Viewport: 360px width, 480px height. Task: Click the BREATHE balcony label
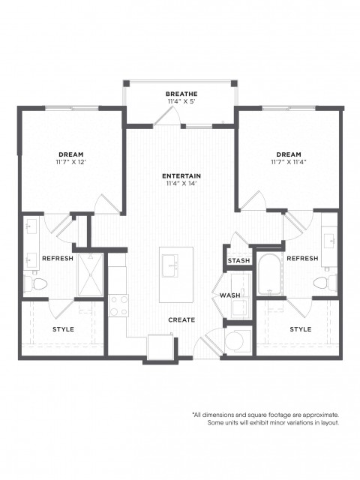pos(181,94)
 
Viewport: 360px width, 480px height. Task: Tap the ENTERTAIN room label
pos(181,176)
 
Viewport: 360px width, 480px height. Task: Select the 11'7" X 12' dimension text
pos(71,162)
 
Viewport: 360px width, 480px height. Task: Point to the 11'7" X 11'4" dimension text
pos(289,162)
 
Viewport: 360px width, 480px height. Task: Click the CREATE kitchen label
pos(181,320)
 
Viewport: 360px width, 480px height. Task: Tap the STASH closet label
pos(238,261)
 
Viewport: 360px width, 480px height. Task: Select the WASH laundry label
pos(230,295)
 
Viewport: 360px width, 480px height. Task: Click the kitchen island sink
pos(170,265)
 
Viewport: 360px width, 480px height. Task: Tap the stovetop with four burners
pos(119,305)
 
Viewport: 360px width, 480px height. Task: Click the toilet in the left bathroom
pos(36,284)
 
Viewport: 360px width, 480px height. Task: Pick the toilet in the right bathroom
pos(325,283)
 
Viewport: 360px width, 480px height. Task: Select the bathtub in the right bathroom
pos(269,274)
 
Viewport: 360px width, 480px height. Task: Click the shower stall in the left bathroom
pos(90,274)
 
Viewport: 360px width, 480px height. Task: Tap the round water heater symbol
pos(234,340)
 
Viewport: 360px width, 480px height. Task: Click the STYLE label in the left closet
pos(63,329)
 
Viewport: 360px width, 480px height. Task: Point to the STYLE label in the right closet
pos(301,329)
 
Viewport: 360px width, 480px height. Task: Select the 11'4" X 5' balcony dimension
pos(181,101)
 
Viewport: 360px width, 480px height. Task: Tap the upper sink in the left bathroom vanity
pos(31,226)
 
